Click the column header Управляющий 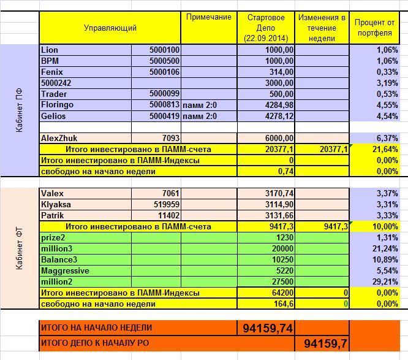tap(110, 28)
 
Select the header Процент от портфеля tap(374, 28)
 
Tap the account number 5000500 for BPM tap(164, 61)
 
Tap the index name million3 tap(58, 248)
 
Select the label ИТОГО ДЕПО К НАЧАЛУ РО tap(96, 343)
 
